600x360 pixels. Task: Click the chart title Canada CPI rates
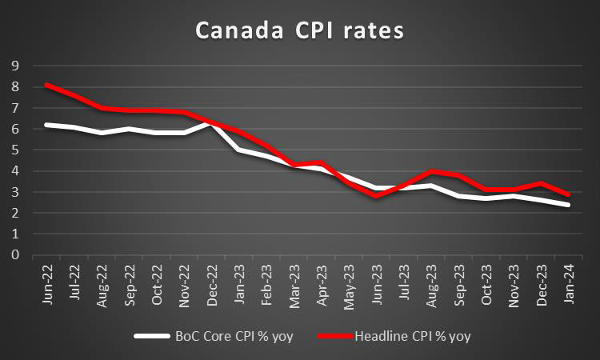point(301,31)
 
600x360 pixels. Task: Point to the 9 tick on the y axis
point(14,65)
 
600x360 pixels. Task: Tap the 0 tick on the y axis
point(14,255)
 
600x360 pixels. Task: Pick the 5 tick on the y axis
point(14,150)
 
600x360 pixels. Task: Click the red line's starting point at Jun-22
point(46,84)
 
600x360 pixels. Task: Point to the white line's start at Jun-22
point(46,124)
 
